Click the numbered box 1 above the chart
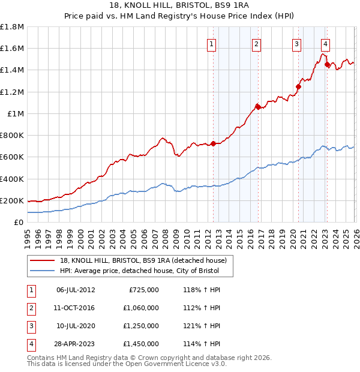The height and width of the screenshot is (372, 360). [212, 43]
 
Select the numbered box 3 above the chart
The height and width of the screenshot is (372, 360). [297, 43]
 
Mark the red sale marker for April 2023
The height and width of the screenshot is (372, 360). [327, 64]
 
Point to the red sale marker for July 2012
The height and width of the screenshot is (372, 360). [213, 143]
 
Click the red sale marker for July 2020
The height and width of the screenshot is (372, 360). [298, 86]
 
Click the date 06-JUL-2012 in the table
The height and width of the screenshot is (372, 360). [76, 290]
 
